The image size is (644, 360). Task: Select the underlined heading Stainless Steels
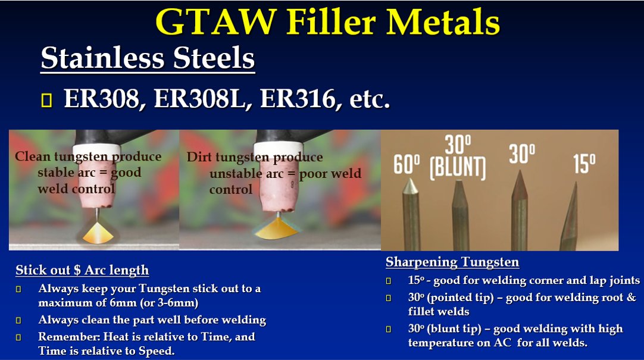pyautogui.click(x=148, y=59)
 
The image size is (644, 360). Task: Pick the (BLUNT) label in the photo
pyautogui.click(x=457, y=167)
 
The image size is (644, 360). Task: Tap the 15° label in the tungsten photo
pyautogui.click(x=584, y=164)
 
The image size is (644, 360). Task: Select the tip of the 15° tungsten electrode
pyautogui.click(x=576, y=183)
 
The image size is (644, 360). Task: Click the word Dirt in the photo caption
pyautogui.click(x=199, y=158)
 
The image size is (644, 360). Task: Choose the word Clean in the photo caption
pyautogui.click(x=32, y=157)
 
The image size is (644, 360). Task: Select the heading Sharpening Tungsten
pyautogui.click(x=452, y=262)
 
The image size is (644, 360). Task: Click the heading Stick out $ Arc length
pyautogui.click(x=82, y=270)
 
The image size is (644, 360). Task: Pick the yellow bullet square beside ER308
pyautogui.click(x=47, y=101)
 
